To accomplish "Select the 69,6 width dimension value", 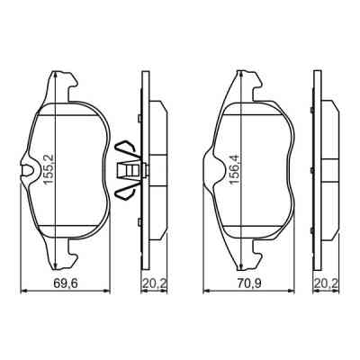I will tap(59, 283).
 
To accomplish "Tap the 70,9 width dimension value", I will tap(243, 283).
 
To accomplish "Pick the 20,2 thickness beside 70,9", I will tap(326, 283).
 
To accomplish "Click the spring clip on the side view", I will tap(129, 168).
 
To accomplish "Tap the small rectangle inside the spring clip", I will tap(131, 168).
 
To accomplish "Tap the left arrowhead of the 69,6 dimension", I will tap(23, 290).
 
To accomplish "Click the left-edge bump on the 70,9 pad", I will tap(210, 169).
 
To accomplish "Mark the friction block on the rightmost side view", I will tap(331, 168).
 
